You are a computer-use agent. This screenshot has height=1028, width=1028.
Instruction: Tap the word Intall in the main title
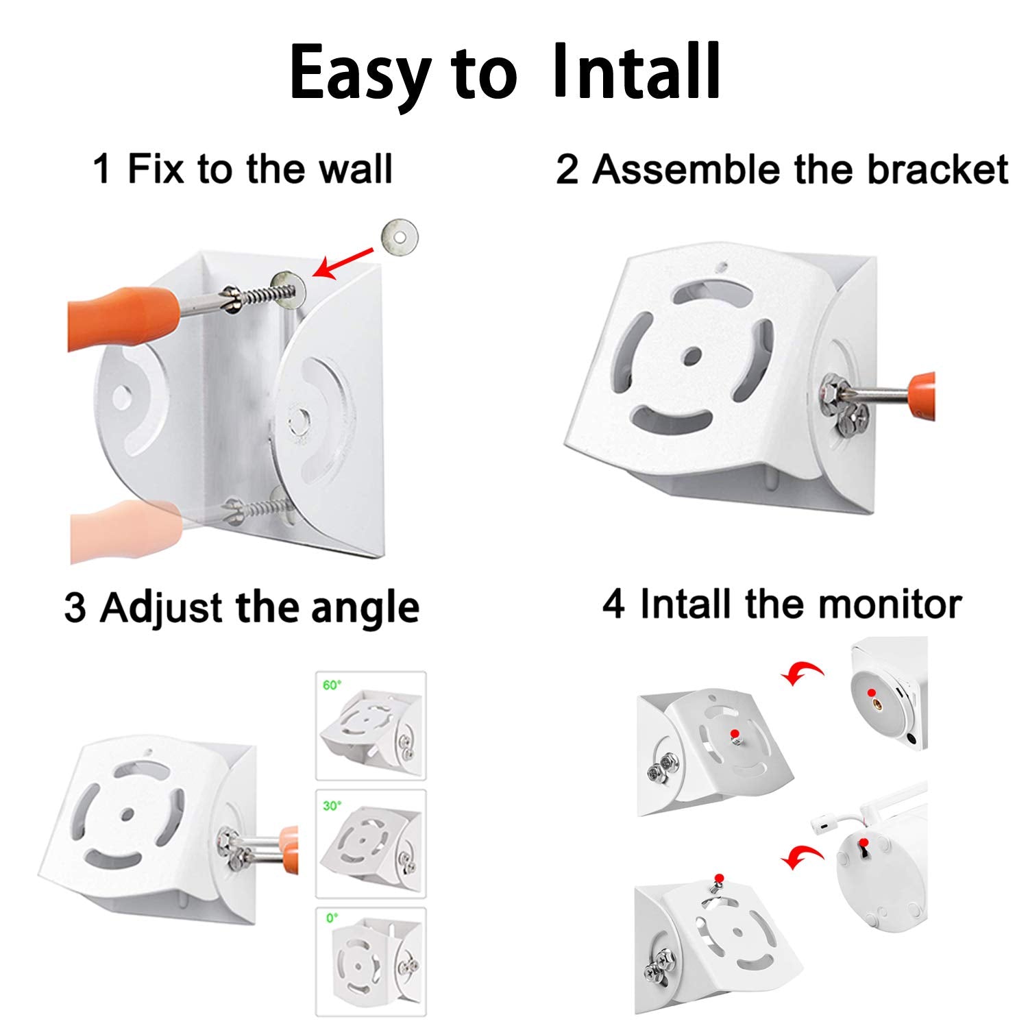(636, 70)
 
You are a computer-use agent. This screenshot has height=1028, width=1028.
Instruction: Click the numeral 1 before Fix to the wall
(102, 169)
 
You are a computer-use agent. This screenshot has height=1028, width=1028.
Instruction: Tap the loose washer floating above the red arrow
(397, 238)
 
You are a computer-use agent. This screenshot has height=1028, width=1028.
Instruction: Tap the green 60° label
(332, 685)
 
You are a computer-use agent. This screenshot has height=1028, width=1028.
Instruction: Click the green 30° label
(332, 805)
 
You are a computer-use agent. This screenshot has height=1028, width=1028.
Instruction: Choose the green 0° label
(332, 917)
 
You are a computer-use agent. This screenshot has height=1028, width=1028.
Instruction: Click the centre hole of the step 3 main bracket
(126, 813)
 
